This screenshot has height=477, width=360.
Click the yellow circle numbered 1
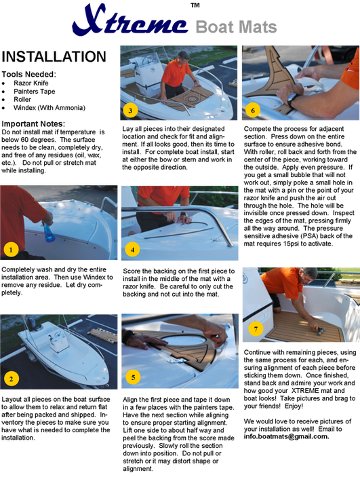(x=11, y=250)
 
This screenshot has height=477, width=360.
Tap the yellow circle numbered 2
(x=12, y=379)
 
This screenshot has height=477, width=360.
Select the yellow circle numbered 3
(x=130, y=111)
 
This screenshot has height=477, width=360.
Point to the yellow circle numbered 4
(x=133, y=250)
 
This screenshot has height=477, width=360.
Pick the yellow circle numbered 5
(x=133, y=377)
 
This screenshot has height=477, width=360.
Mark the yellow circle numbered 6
(x=253, y=110)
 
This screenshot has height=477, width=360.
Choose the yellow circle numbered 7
(x=256, y=328)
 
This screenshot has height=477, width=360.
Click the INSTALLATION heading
(x=54, y=57)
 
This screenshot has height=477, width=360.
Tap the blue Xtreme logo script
(x=130, y=20)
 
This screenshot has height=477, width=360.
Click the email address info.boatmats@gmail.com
(x=286, y=436)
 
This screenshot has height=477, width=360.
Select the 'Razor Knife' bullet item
(x=31, y=83)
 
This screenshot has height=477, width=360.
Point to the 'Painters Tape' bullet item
(x=35, y=92)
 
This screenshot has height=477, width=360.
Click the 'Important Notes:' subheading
(x=33, y=123)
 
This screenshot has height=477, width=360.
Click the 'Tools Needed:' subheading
(x=29, y=74)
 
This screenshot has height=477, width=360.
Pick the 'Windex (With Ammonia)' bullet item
(x=49, y=108)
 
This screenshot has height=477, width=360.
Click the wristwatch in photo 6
(x=292, y=99)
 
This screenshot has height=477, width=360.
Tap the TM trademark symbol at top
(x=195, y=5)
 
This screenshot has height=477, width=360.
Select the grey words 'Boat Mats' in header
(x=236, y=27)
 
